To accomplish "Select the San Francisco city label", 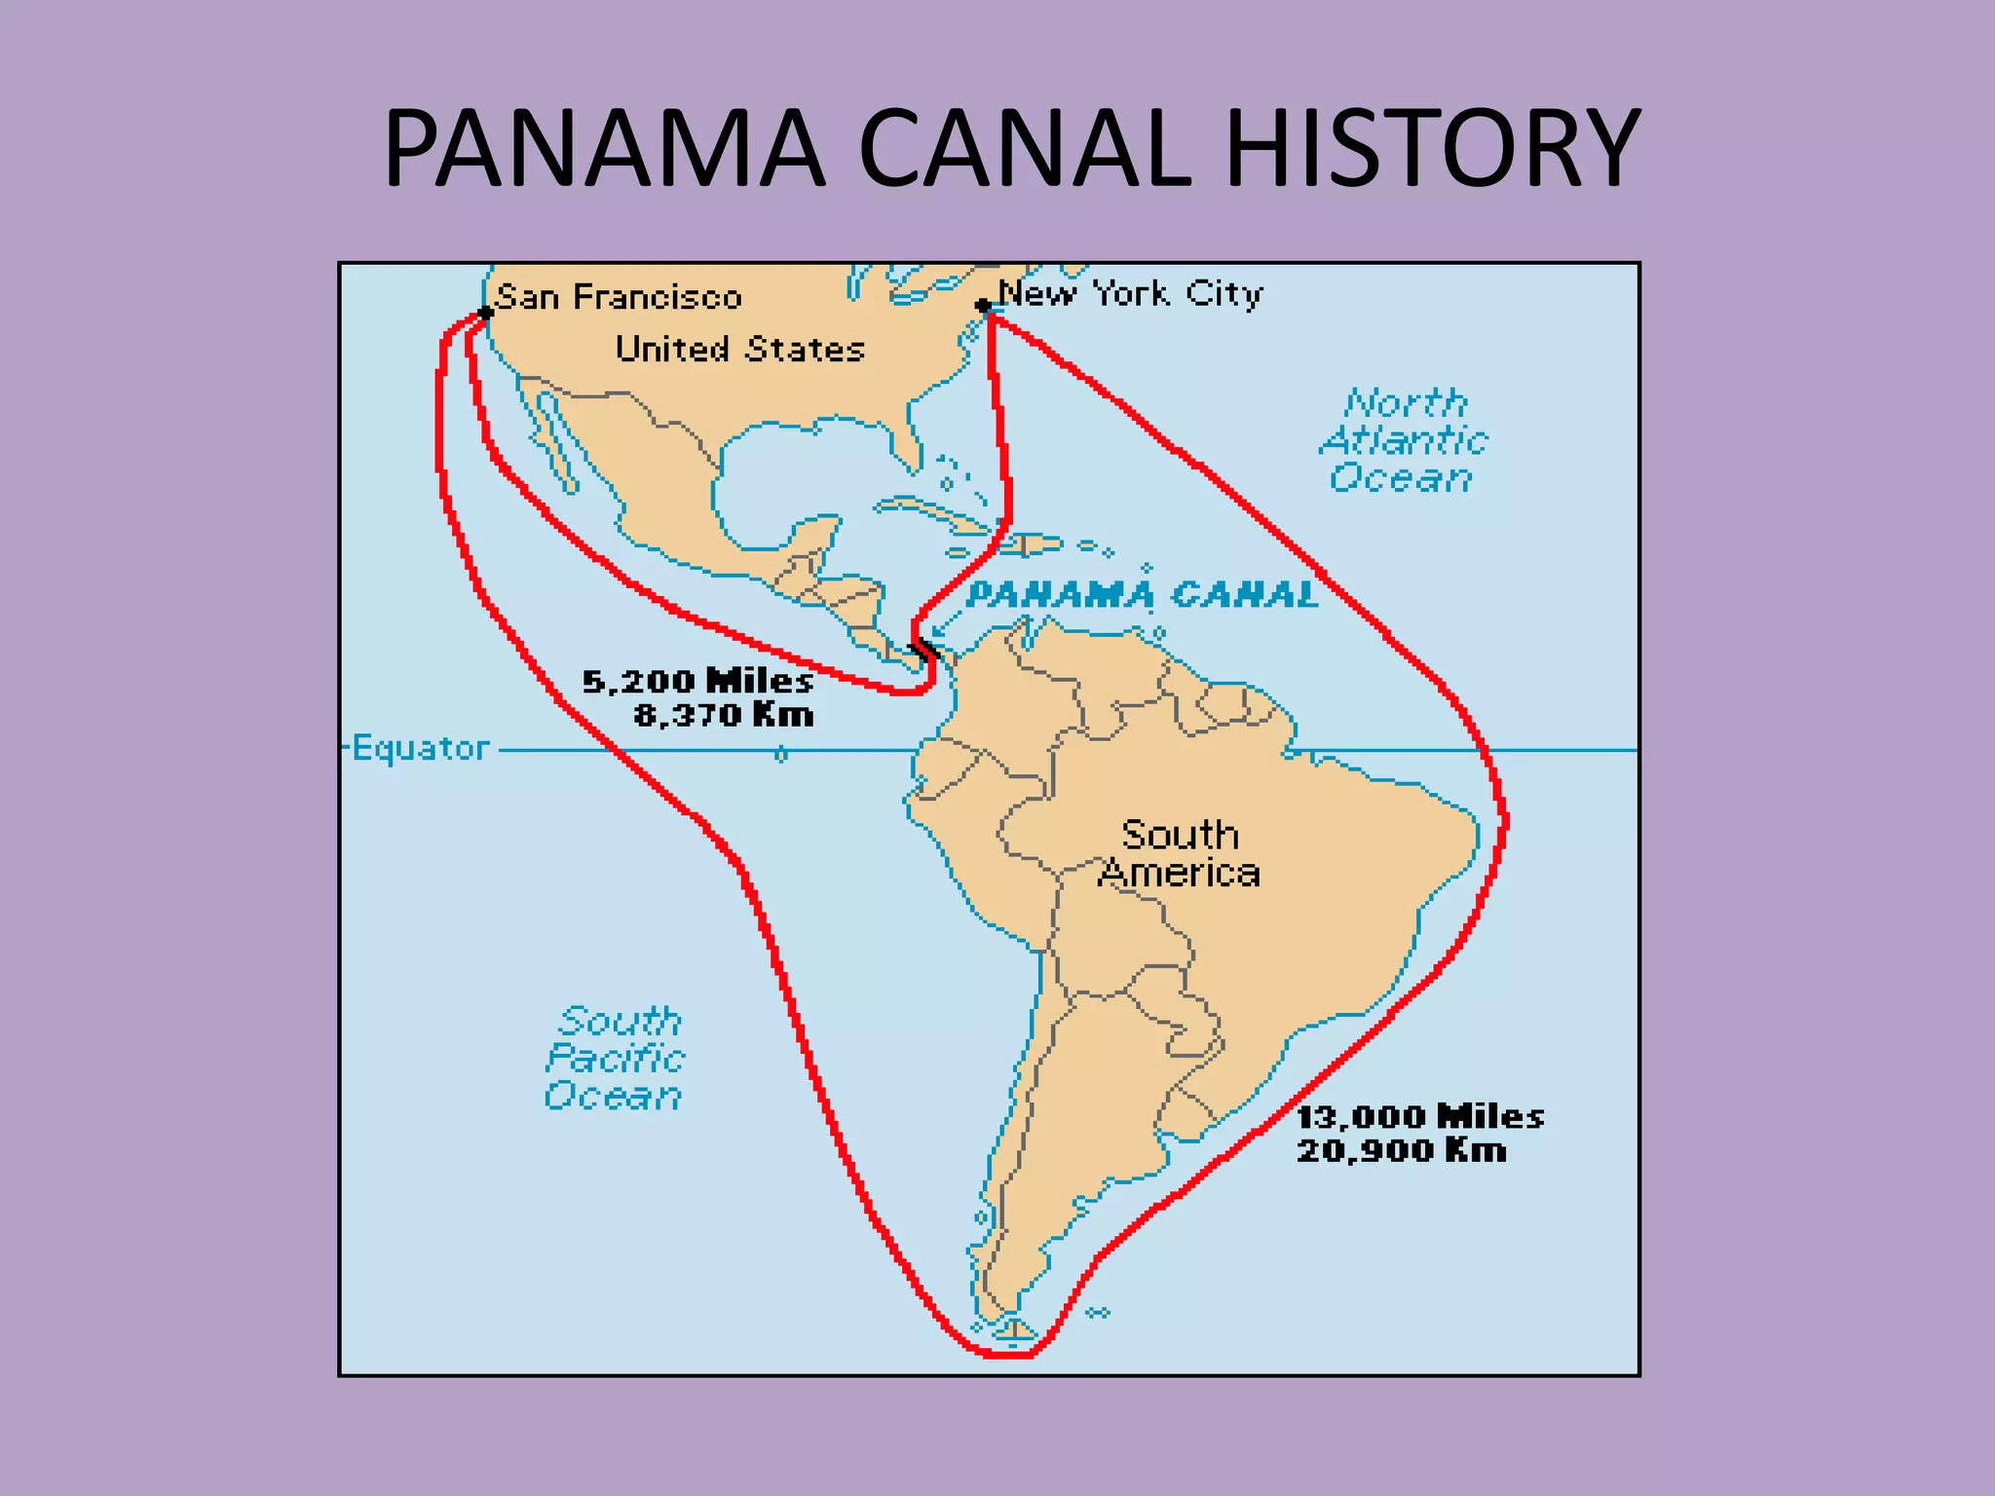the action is coord(620,297).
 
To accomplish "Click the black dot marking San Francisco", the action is coord(485,314).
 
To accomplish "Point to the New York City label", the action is coord(1130,293).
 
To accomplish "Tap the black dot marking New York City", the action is coord(983,307).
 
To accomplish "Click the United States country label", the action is coord(739,349).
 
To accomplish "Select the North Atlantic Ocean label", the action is coord(1403,440).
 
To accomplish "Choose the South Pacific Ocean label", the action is coord(616,1059).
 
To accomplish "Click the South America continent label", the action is coord(1179,853).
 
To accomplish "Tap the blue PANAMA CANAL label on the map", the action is coord(1143,594).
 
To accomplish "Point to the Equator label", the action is coord(420,748).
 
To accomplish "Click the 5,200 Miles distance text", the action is coord(697,681).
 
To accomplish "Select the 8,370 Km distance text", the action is coord(724,716).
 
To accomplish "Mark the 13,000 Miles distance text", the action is coord(1420,1116).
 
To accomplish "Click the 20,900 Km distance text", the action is coord(1402,1150).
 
